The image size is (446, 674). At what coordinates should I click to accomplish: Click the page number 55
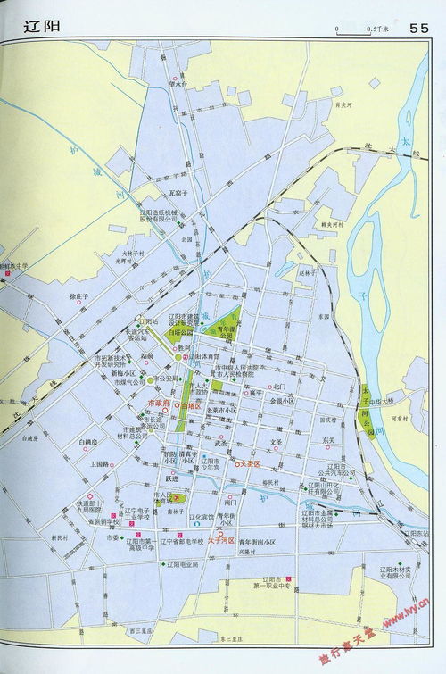point(420,27)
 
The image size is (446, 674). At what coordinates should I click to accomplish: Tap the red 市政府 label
point(157,404)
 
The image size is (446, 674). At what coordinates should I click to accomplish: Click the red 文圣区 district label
point(249,464)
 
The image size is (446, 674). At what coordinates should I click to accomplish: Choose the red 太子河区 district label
point(220,541)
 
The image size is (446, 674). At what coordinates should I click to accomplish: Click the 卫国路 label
point(98,464)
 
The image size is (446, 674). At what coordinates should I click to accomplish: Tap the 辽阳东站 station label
point(416,532)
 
